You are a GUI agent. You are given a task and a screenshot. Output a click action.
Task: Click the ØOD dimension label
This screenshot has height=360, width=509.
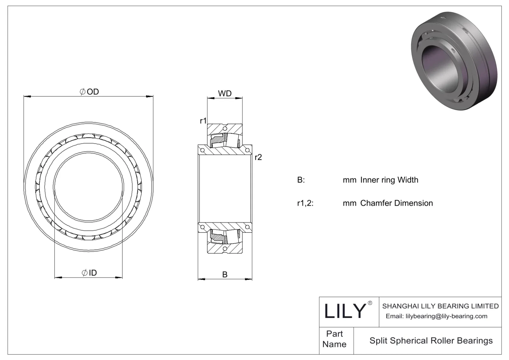click(x=89, y=92)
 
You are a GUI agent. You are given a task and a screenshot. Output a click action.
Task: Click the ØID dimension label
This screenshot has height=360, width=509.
click(x=89, y=273)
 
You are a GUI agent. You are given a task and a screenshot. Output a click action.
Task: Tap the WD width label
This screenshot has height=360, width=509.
click(x=225, y=94)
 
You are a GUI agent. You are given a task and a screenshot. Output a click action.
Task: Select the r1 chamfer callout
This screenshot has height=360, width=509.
click(x=203, y=121)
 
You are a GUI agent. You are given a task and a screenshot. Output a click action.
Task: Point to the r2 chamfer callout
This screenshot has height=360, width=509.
click(x=258, y=157)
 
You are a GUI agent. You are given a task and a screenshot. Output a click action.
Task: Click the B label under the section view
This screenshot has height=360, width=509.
click(x=225, y=274)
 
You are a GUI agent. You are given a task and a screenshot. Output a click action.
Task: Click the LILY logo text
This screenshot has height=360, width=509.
click(x=345, y=311)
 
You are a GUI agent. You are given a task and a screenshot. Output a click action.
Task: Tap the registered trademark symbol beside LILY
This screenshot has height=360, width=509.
click(x=370, y=303)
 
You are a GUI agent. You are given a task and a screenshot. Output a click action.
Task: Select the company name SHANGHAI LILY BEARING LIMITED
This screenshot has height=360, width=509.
click(x=440, y=306)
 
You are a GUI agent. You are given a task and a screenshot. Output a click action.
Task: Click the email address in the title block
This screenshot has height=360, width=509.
click(x=436, y=316)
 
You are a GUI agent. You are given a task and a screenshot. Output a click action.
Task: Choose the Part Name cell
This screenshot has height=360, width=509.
click(x=334, y=339)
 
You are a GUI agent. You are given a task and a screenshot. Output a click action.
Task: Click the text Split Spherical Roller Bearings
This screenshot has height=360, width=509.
click(x=431, y=341)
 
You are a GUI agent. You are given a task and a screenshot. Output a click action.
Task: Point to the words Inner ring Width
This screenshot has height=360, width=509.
click(x=389, y=180)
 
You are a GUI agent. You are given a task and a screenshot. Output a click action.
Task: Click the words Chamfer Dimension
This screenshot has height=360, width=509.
click(x=396, y=203)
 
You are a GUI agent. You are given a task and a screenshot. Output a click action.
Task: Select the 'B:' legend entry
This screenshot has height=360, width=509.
click(x=301, y=180)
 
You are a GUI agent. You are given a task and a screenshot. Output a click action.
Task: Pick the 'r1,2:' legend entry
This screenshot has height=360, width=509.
click(x=305, y=203)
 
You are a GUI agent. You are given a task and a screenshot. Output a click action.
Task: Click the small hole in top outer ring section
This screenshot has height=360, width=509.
click(x=225, y=129)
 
